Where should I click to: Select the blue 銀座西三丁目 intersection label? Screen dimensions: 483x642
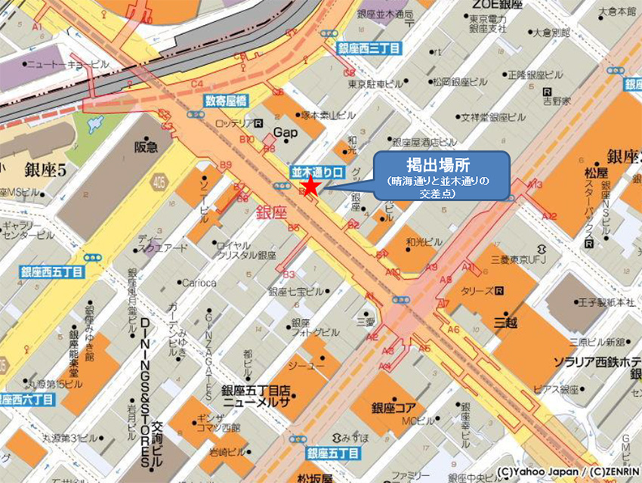coord(369,48)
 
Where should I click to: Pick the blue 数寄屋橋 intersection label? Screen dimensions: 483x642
coord(225,101)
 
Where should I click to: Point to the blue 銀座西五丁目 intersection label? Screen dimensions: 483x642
coord(52,272)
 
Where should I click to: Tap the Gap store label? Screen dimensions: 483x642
coord(283,132)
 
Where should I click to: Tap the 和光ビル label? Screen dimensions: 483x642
coord(424,242)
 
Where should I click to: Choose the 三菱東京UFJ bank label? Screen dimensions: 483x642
coord(517,258)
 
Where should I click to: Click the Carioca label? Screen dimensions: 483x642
coord(199,283)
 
